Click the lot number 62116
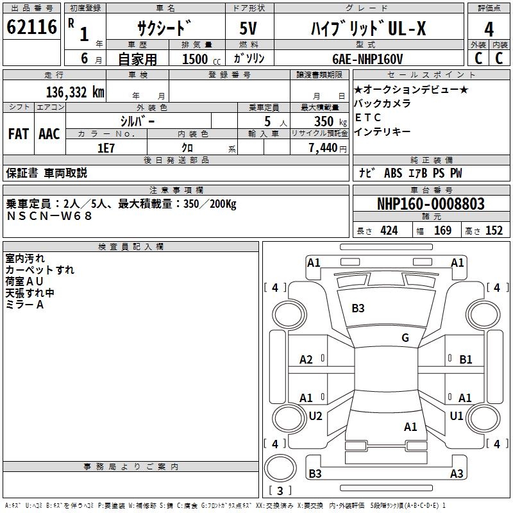[31, 28]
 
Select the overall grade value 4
[489, 29]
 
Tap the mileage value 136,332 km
[75, 92]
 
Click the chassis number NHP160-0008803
[430, 204]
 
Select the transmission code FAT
[18, 134]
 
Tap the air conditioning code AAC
[49, 134]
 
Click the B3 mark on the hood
[358, 308]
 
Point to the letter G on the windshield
[405, 338]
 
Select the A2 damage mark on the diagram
[307, 360]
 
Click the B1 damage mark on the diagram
[466, 360]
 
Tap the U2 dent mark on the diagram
[315, 416]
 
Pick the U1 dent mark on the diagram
[457, 416]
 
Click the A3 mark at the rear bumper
[457, 474]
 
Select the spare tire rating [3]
[280, 491]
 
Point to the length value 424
[389, 231]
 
